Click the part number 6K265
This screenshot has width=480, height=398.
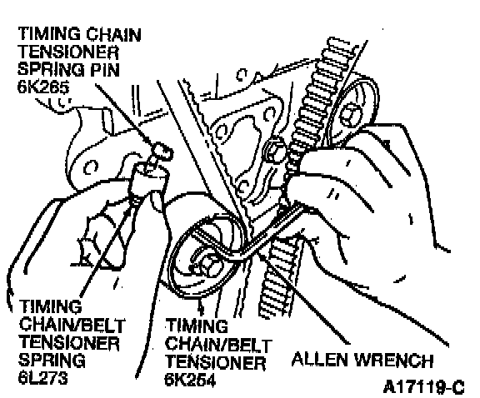click(42, 87)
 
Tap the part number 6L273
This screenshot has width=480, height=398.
click(42, 378)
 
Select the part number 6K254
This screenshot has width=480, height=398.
click(190, 380)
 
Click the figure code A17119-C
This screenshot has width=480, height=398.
click(424, 387)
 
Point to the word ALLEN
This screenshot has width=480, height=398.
click(320, 359)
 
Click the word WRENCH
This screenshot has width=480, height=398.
click(394, 360)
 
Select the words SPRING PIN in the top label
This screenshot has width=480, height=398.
click(68, 69)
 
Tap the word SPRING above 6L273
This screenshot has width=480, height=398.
click(52, 360)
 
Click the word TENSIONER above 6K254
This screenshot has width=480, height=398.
click(216, 362)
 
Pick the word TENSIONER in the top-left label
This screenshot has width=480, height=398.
click(68, 52)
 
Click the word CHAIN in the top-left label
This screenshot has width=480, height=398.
click(113, 34)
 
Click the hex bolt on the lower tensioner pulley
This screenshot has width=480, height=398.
click(209, 264)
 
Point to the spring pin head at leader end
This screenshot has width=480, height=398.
click(163, 151)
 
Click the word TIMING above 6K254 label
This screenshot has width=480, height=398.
click(197, 326)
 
